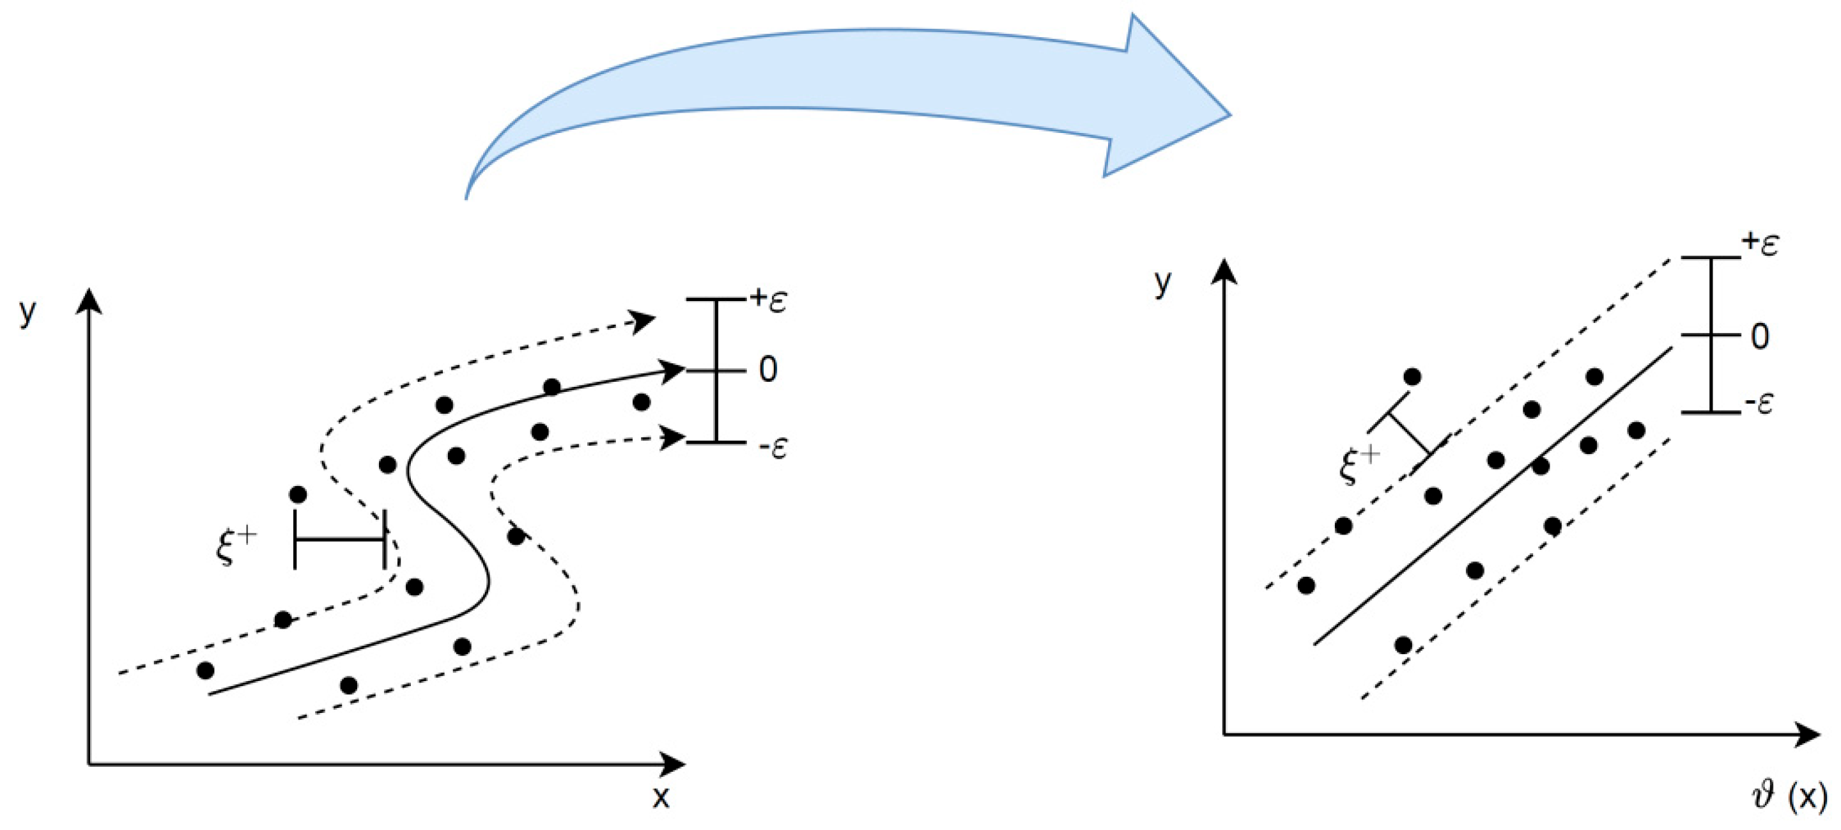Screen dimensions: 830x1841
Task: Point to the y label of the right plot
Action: click(x=1163, y=283)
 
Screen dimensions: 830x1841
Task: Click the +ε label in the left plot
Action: click(x=768, y=299)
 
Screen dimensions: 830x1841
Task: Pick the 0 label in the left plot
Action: click(x=767, y=370)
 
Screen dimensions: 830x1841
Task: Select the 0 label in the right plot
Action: click(x=1760, y=336)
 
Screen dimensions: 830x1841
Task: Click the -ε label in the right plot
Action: click(x=1759, y=405)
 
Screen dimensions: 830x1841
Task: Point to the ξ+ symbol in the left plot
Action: click(x=235, y=546)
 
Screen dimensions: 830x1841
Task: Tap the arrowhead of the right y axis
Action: click(x=1225, y=272)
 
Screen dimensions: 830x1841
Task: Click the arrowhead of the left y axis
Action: click(x=89, y=301)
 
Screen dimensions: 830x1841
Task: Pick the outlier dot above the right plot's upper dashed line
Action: click(x=1412, y=377)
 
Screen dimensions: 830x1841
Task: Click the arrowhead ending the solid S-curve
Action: click(x=674, y=370)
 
